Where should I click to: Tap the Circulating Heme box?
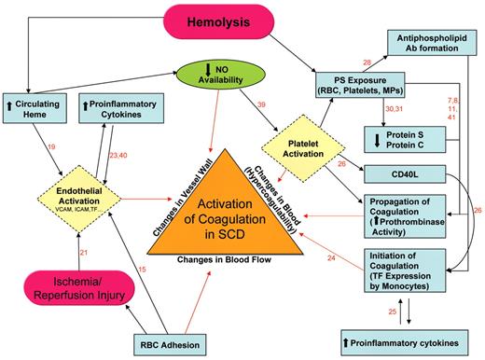tap(36, 105)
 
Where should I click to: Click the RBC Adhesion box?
tap(193, 342)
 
